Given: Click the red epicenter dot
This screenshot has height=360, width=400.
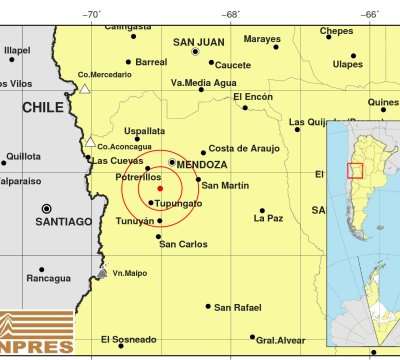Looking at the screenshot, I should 160,187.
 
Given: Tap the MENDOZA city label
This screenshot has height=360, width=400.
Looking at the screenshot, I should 203,163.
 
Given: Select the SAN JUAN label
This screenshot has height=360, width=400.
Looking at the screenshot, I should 198,42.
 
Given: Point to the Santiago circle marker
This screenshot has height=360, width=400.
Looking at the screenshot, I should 46,209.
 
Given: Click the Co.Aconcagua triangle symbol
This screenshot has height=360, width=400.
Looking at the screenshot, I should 91,141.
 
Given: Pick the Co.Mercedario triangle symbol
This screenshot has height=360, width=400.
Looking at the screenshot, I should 85,89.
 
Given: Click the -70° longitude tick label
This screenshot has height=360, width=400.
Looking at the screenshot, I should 91,14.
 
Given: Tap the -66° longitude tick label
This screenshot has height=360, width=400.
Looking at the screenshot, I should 369,14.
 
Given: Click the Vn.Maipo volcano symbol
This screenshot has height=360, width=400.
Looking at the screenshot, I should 102,272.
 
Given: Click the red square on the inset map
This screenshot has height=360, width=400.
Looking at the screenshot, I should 355,170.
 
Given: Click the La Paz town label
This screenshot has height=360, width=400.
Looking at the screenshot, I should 269,217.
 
